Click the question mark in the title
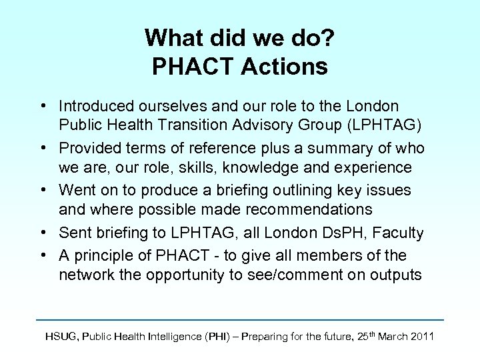click(x=327, y=37)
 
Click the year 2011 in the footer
click(x=420, y=337)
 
